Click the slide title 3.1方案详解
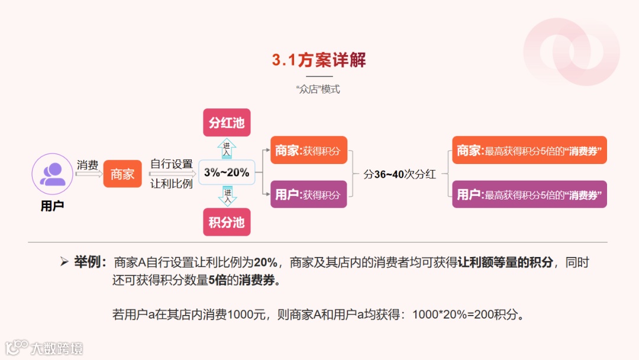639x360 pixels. (319, 60)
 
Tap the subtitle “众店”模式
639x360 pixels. (319, 90)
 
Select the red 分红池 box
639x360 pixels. (227, 123)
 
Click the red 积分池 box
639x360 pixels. (227, 222)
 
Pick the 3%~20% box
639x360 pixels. (227, 173)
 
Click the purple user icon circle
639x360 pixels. (52, 174)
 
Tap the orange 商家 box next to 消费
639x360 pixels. (122, 174)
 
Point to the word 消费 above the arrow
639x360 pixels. (88, 165)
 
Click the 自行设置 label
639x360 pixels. (172, 164)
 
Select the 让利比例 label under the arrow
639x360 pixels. (172, 184)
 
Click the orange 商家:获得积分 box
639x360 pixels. (308, 150)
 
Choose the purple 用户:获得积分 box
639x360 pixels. (308, 194)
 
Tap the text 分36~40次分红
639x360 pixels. (399, 174)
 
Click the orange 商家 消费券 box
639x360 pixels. (530, 150)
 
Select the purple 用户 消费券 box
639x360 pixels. (530, 194)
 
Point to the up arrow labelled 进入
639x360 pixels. (227, 148)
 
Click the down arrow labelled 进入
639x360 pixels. (227, 196)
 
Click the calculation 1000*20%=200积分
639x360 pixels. (468, 314)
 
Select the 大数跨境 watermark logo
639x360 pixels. (44, 348)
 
